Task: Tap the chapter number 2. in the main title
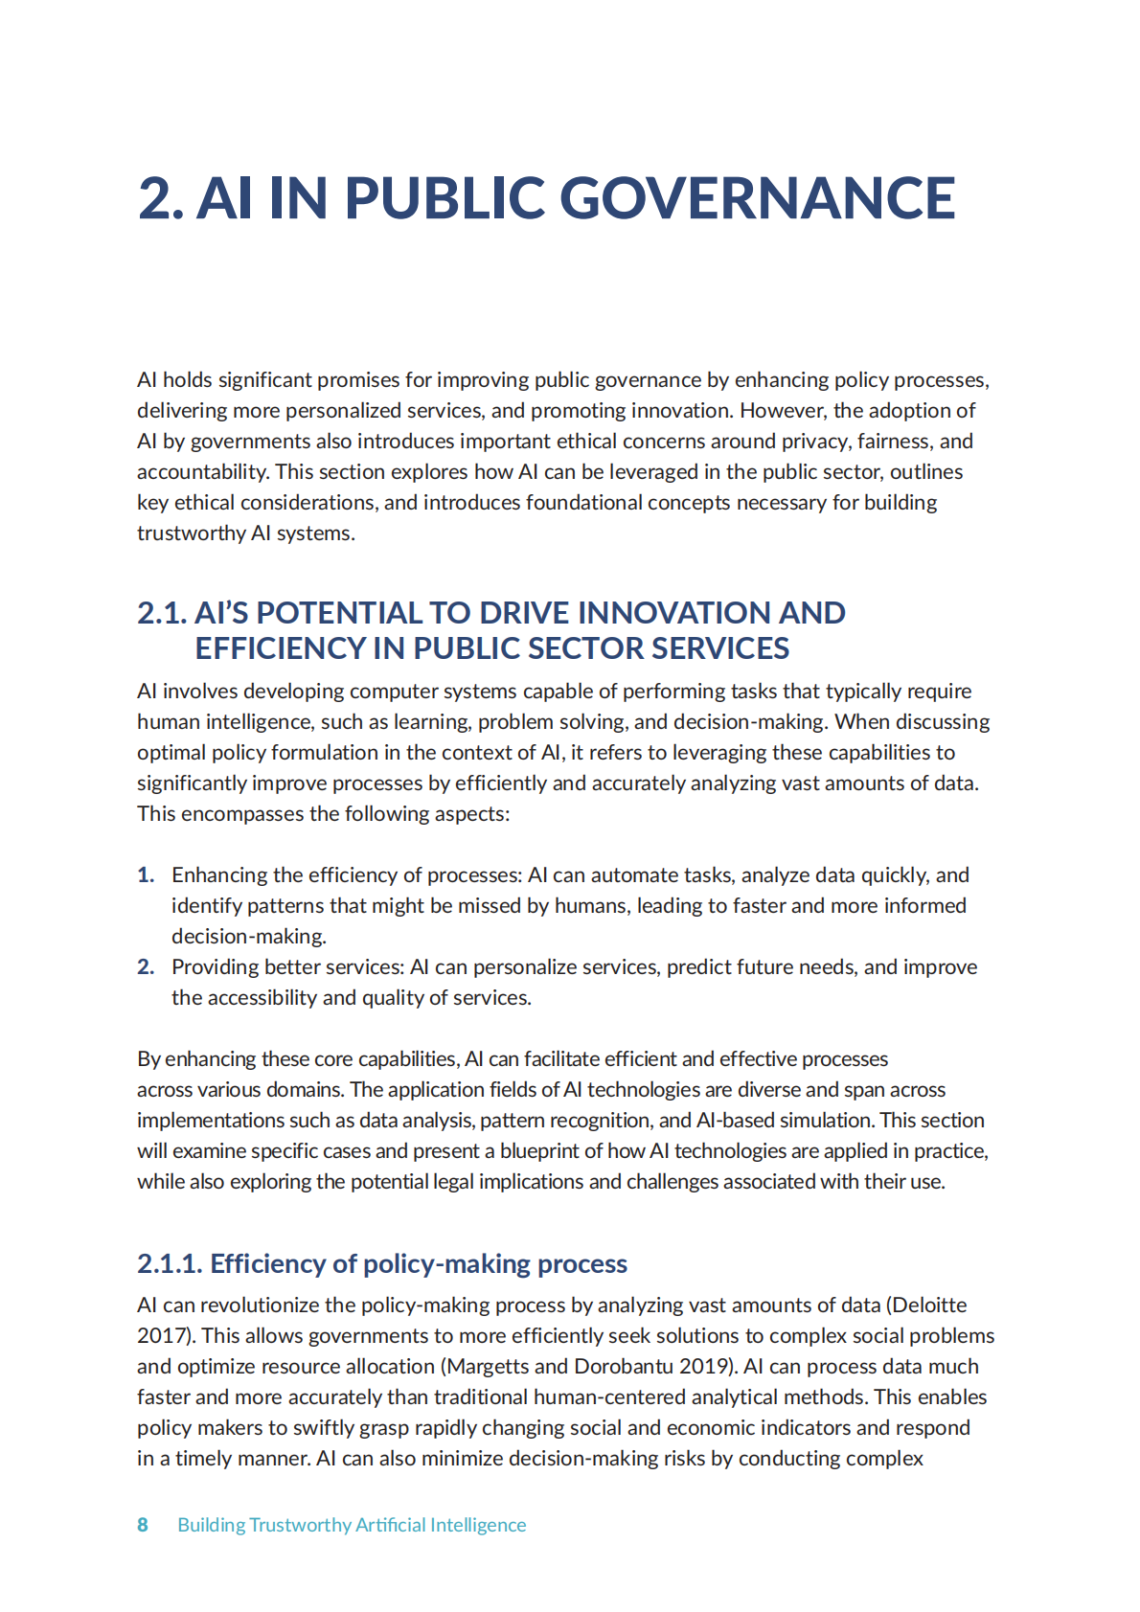click(x=161, y=198)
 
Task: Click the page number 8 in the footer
click(x=143, y=1525)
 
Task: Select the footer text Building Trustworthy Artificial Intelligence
click(x=352, y=1525)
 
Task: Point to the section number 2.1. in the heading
click(x=161, y=613)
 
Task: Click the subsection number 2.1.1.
click(x=169, y=1264)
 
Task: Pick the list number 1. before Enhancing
click(x=146, y=875)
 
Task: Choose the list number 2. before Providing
click(x=146, y=967)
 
